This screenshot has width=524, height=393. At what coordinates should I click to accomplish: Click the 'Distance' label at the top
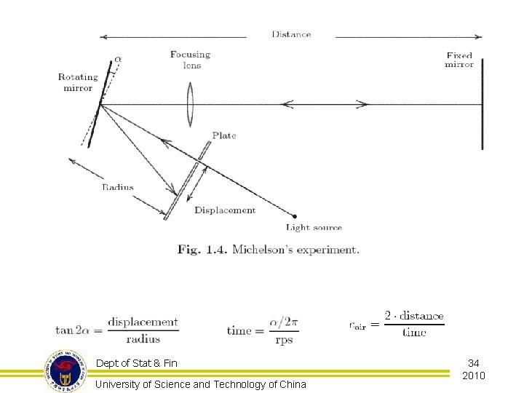(x=291, y=34)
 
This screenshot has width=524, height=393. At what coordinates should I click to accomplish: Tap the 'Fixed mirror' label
(x=459, y=60)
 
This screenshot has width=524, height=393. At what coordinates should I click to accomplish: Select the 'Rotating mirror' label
(x=77, y=83)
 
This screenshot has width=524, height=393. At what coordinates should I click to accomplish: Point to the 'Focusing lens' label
(x=190, y=59)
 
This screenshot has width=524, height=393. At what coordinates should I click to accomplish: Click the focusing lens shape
(x=190, y=104)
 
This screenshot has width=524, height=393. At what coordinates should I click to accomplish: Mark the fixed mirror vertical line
(x=482, y=104)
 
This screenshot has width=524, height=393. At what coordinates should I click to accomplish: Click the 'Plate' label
(x=224, y=135)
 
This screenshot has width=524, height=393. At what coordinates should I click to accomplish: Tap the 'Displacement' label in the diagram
(x=225, y=210)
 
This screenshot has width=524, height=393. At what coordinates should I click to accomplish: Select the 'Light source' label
(x=314, y=228)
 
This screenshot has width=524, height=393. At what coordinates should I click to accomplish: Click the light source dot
(x=294, y=215)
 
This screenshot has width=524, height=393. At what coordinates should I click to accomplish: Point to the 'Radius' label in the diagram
(x=117, y=187)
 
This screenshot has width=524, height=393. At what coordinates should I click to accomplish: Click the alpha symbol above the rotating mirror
(x=119, y=59)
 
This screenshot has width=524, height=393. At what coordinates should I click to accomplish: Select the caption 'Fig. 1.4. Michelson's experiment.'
(x=268, y=250)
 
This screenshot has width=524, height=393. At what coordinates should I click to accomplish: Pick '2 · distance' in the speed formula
(x=413, y=316)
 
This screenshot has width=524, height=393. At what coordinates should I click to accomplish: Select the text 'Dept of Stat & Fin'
(x=136, y=363)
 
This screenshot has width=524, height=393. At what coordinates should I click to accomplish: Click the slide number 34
(x=473, y=362)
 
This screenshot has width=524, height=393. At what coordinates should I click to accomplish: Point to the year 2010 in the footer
(x=473, y=376)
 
